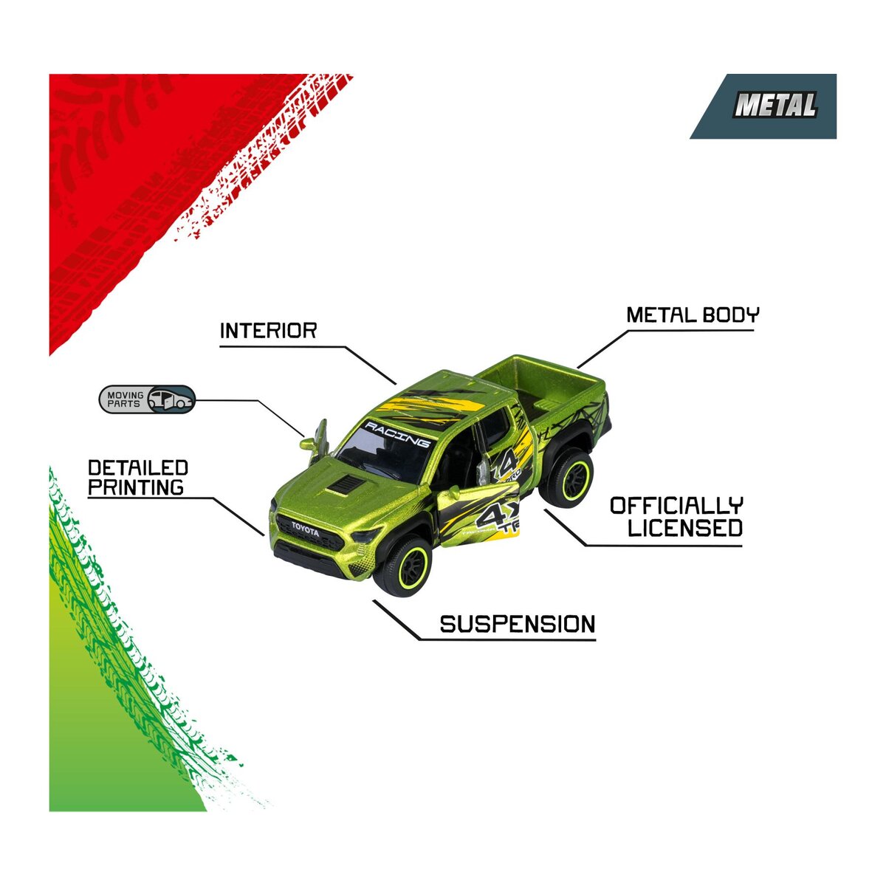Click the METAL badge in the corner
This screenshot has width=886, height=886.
click(763, 106)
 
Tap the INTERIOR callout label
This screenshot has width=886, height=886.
click(269, 331)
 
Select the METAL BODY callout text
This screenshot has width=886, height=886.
click(693, 315)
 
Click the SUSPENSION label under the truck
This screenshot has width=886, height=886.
click(518, 625)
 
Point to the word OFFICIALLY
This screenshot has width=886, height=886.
click(676, 506)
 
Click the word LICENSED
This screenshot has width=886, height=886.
click(685, 527)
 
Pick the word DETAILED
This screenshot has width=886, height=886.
click(138, 468)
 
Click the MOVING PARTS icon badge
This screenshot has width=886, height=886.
click(147, 399)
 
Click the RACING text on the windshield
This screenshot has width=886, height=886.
click(398, 434)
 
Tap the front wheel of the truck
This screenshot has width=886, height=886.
click(403, 566)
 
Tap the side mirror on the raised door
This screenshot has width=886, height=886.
click(308, 444)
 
